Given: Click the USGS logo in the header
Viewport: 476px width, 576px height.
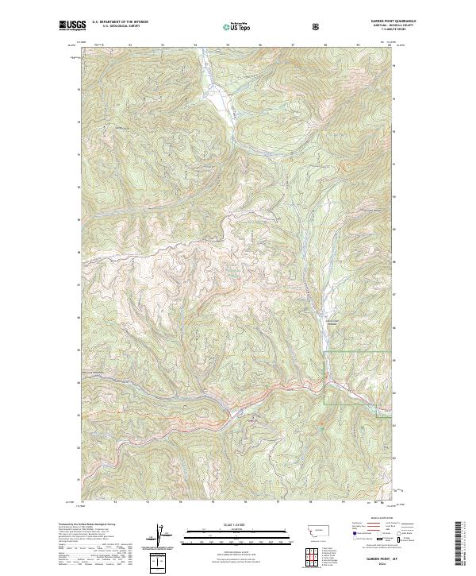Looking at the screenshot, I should point(71,26).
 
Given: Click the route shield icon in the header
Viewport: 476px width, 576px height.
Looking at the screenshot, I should point(317,27).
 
